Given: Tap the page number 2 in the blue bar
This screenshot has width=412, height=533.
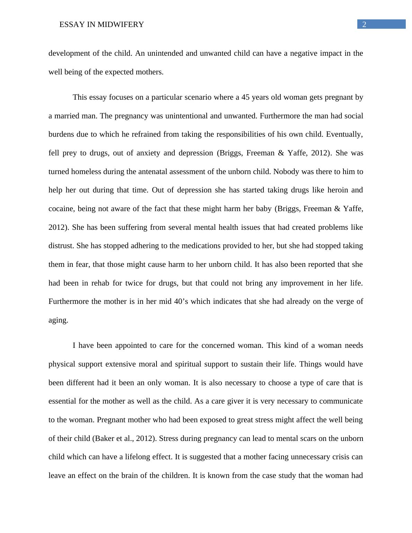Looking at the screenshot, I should pos(364,24).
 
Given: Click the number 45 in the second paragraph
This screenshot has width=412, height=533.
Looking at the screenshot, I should pos(245,97).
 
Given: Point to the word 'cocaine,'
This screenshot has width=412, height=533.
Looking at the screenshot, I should pos(61,209).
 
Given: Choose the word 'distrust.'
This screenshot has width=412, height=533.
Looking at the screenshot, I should pos(61,246).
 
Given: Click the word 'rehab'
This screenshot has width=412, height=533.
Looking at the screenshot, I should pos(100,283).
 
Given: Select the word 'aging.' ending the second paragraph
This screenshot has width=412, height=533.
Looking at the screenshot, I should pos(58,320).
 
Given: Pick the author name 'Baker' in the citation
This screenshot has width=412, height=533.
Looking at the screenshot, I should pos(103,439).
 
